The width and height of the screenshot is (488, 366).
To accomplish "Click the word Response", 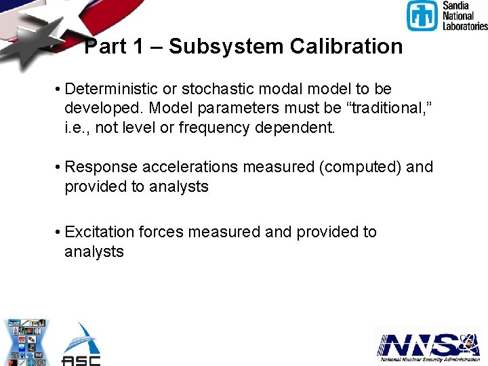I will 95,167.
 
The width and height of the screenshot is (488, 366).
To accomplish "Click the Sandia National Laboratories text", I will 464,16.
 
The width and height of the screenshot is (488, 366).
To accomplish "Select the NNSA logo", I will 428,346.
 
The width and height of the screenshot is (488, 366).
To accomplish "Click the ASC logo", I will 81,344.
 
